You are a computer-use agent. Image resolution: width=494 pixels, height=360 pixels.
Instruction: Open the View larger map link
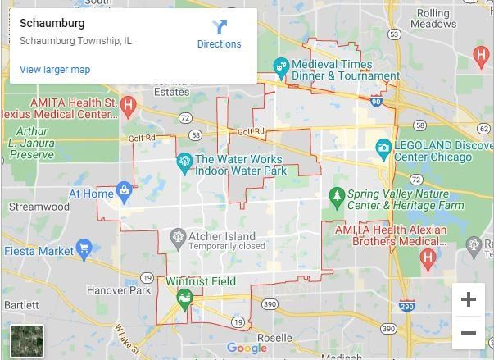[55, 70]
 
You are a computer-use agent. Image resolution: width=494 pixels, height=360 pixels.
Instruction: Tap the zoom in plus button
[468, 299]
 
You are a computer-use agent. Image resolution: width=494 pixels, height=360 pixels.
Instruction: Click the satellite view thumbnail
[27, 340]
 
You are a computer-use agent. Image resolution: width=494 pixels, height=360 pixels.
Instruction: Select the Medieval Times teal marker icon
[281, 66]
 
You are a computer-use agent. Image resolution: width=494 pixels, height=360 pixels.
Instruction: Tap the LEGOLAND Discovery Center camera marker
[383, 148]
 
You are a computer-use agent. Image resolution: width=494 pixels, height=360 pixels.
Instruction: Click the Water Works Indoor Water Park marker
[184, 162]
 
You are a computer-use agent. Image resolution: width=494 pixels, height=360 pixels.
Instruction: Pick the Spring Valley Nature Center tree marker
[335, 196]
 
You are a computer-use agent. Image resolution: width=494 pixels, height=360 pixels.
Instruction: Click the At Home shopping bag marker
[124, 192]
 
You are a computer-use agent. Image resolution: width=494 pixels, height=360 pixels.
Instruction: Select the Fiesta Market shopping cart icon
[84, 248]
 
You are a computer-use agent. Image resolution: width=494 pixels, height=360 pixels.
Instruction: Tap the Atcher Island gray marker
[178, 238]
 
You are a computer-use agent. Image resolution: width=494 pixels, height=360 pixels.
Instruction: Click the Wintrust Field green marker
[186, 295]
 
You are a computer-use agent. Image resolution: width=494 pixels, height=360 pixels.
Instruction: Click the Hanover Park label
[119, 290]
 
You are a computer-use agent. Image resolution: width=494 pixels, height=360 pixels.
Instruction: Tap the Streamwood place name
[39, 207]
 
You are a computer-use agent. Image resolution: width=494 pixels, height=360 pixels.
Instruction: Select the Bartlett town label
[21, 304]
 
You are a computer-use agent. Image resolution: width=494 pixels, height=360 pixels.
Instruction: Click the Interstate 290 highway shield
[406, 307]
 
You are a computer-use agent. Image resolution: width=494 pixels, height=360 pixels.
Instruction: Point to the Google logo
[247, 348]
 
